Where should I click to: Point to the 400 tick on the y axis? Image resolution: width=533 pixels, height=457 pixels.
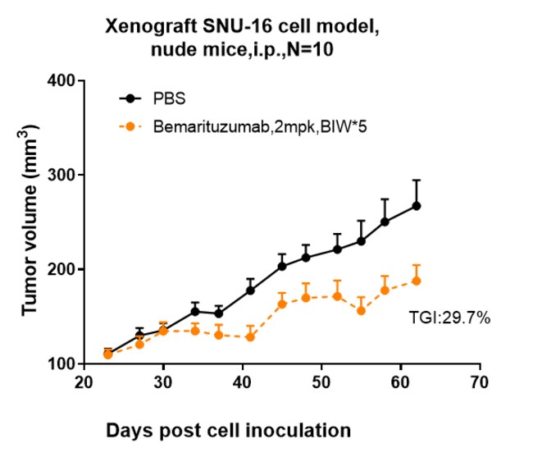pyautogui.click(x=62, y=80)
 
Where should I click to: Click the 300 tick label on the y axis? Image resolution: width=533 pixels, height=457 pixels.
pyautogui.click(x=62, y=175)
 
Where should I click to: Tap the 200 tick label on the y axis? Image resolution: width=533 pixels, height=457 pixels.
pyautogui.click(x=62, y=269)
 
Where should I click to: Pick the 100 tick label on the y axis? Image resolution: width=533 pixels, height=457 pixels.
pyautogui.click(x=62, y=363)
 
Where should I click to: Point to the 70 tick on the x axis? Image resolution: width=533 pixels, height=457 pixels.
pyautogui.click(x=480, y=382)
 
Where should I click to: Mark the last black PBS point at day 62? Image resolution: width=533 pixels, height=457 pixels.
pyautogui.click(x=417, y=205)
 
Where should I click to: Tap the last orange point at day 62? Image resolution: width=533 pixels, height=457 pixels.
pyautogui.click(x=417, y=281)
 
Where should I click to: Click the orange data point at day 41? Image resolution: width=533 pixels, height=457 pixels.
pyautogui.click(x=250, y=336)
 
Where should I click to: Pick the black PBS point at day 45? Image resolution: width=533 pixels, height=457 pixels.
pyautogui.click(x=282, y=266)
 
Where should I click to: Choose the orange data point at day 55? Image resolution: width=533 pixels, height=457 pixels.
pyautogui.click(x=361, y=310)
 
